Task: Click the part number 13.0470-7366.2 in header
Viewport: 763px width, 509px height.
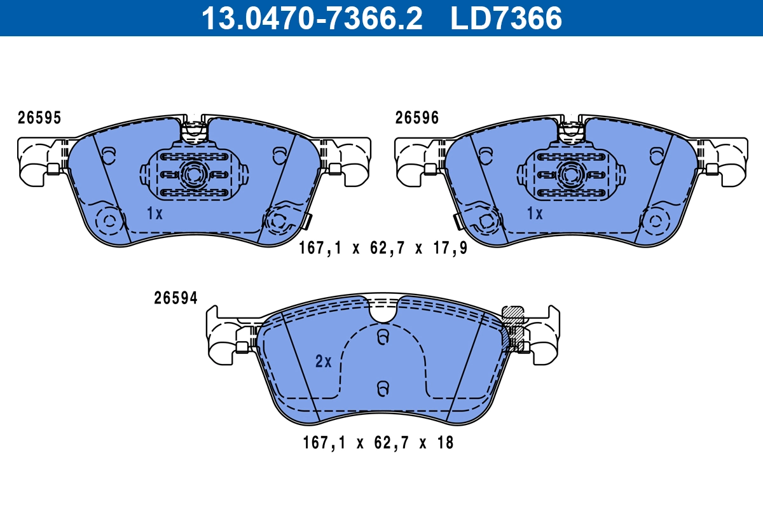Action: [312, 18]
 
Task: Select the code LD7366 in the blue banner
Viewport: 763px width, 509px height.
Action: [506, 18]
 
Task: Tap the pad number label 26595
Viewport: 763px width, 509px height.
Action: [39, 118]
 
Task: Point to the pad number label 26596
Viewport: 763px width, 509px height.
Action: [416, 118]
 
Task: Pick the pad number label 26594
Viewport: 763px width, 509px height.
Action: [175, 298]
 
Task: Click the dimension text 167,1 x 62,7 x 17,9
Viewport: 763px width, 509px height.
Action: [383, 249]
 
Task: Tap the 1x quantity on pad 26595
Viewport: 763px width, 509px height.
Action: [155, 214]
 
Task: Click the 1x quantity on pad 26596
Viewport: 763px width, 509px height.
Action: [535, 214]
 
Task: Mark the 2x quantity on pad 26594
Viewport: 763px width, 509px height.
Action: [324, 362]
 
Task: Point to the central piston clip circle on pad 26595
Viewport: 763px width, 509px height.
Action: [193, 174]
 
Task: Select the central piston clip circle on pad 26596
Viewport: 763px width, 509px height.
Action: [571, 174]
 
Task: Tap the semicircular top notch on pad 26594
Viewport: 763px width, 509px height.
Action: [382, 311]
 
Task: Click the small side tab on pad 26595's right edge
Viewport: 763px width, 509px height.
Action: [307, 221]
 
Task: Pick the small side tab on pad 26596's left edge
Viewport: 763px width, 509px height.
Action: [457, 221]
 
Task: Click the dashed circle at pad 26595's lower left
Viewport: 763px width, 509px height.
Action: [109, 221]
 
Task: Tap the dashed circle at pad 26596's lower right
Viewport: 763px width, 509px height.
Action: [655, 221]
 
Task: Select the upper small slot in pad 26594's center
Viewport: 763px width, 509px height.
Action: [382, 338]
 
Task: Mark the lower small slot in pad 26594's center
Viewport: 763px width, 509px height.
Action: [382, 387]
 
